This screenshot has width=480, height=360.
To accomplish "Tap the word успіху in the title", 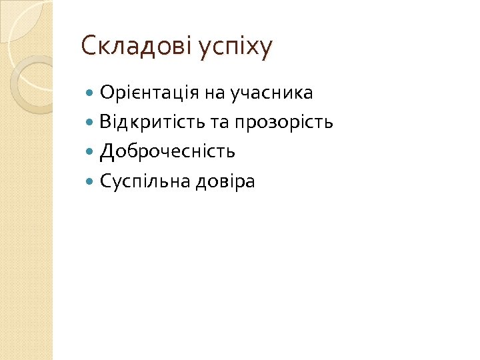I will [x=236, y=48].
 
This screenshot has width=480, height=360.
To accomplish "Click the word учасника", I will [x=271, y=93].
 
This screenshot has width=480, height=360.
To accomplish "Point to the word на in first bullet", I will [x=215, y=93].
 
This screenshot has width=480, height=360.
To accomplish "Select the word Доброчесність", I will [x=167, y=152].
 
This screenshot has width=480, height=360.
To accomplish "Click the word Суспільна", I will [x=145, y=181].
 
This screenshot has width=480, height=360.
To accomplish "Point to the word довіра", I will [x=225, y=181].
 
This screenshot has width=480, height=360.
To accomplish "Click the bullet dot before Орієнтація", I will [x=91, y=93].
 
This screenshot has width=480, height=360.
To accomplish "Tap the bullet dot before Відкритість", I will [x=91, y=123].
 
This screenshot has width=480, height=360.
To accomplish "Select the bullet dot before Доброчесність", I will [x=91, y=152].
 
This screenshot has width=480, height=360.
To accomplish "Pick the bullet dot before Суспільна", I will [x=91, y=181].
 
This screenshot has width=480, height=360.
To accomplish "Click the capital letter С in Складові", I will [x=87, y=46].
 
